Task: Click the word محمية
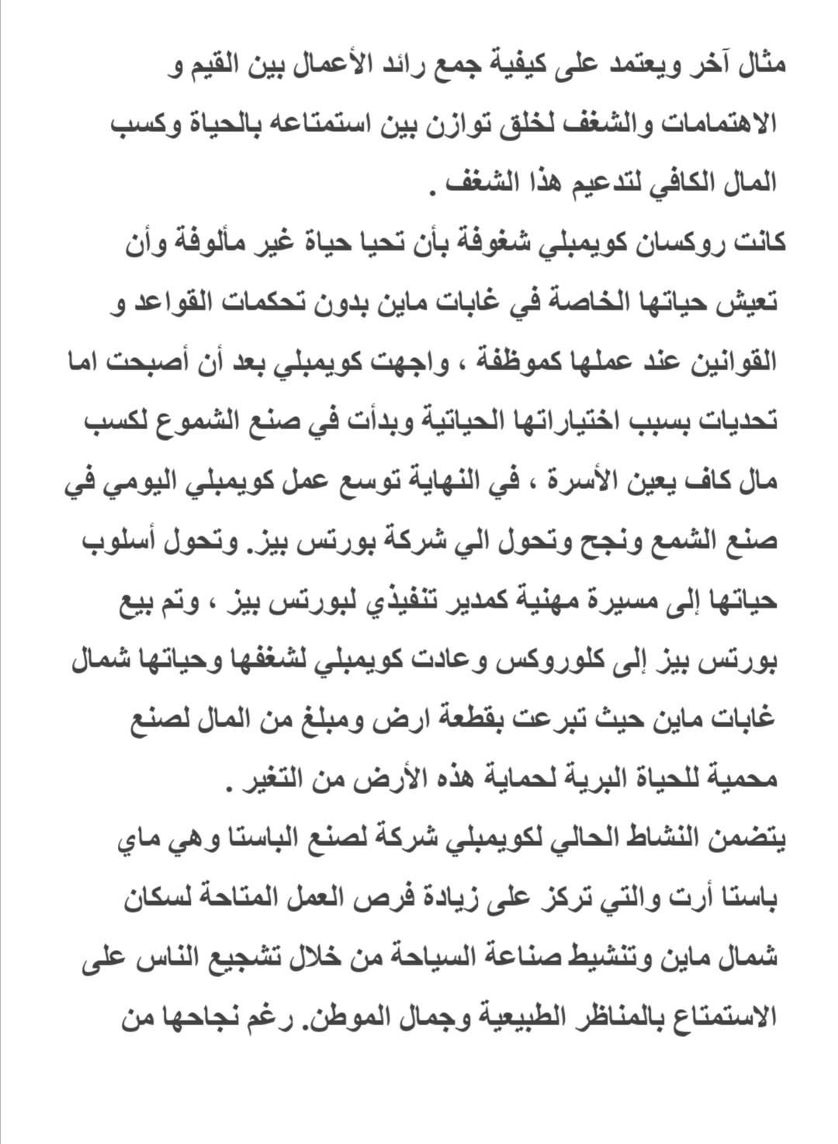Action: pos(736,778)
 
